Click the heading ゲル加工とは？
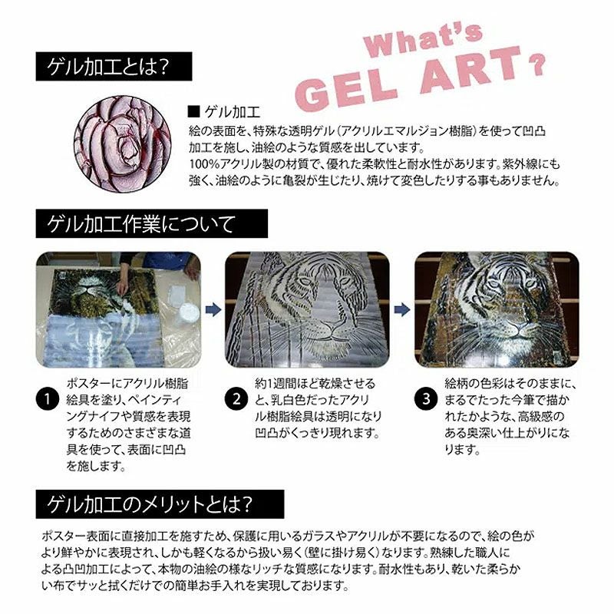108,68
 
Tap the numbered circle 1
48,400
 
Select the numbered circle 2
236,400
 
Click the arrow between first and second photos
213,309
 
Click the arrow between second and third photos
401,309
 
